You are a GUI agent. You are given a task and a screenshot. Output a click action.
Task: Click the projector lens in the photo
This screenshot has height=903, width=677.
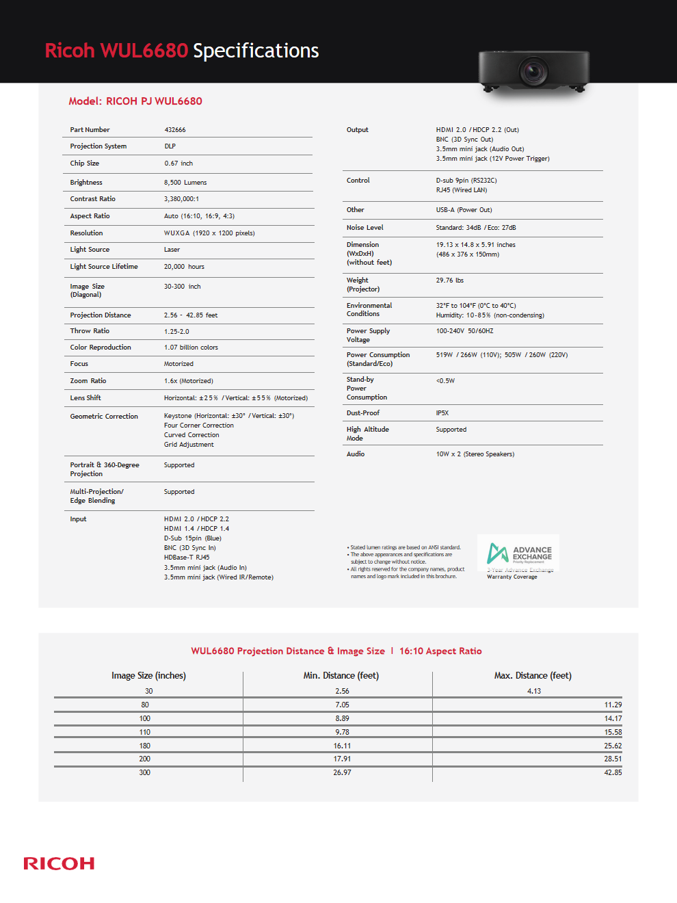pyautogui.click(x=533, y=70)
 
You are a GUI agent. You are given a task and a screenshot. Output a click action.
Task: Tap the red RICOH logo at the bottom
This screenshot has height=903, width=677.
pyautogui.click(x=59, y=863)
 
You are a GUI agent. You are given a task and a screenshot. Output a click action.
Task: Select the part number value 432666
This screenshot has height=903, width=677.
pyautogui.click(x=175, y=130)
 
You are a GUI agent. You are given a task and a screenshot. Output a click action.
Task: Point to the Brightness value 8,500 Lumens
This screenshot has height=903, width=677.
pyautogui.click(x=185, y=183)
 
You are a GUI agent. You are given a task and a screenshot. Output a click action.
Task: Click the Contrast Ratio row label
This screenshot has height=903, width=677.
pyautogui.click(x=93, y=199)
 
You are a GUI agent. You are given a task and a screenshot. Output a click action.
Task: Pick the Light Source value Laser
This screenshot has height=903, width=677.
pyautogui.click(x=172, y=250)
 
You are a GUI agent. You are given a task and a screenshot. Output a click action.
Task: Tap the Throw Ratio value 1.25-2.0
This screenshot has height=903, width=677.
pyautogui.click(x=176, y=331)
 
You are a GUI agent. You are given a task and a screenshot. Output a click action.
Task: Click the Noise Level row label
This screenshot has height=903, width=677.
pyautogui.click(x=365, y=228)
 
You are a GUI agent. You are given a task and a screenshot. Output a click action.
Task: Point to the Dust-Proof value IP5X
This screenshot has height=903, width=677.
pyautogui.click(x=442, y=413)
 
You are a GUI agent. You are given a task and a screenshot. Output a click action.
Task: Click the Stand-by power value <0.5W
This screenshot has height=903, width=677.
pyautogui.click(x=445, y=381)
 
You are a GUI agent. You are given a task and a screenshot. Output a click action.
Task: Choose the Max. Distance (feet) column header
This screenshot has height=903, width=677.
pyautogui.click(x=533, y=676)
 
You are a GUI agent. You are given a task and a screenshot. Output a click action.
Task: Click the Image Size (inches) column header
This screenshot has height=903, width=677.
pyautogui.click(x=148, y=676)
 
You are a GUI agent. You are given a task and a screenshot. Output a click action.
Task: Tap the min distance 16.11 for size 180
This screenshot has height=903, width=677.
pyautogui.click(x=342, y=746)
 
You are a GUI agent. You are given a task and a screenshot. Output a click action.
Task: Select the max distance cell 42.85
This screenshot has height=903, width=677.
pyautogui.click(x=613, y=773)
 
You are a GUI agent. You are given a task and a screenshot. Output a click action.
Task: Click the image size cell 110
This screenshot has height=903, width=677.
pyautogui.click(x=145, y=733)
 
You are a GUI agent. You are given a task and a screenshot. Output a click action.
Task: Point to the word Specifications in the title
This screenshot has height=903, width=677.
pyautogui.click(x=256, y=51)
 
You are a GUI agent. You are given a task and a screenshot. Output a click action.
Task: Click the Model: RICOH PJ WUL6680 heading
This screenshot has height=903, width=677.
pyautogui.click(x=135, y=101)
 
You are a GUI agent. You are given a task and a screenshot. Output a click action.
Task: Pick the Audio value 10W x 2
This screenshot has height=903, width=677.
pyautogui.click(x=475, y=454)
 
